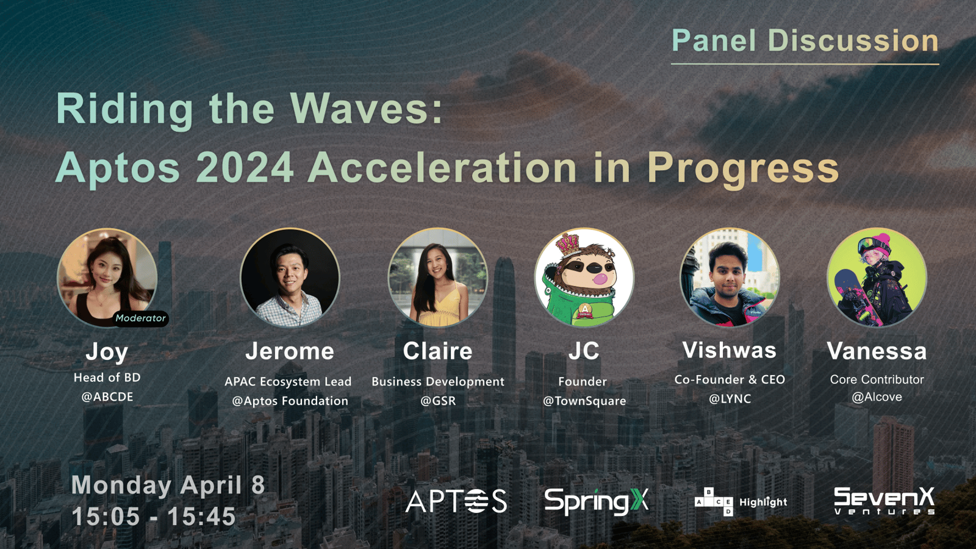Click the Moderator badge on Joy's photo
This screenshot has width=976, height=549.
point(140,318)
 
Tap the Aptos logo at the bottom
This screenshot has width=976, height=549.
point(456,501)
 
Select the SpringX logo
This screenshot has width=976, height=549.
point(597,501)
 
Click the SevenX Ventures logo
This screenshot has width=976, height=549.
point(884,501)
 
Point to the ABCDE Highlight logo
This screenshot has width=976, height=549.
point(741,502)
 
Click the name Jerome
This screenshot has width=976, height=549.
point(290,351)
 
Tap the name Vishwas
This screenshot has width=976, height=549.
point(730,350)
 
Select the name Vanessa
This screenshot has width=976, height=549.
point(877,351)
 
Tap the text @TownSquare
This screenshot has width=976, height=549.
point(584,401)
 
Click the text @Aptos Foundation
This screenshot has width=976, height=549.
point(290,401)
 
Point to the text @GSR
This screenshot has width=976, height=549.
point(438,401)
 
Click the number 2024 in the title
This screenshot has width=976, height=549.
point(245,168)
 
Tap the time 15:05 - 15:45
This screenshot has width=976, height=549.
point(153,516)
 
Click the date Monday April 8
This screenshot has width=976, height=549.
point(168,485)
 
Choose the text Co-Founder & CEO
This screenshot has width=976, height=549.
point(730,379)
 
